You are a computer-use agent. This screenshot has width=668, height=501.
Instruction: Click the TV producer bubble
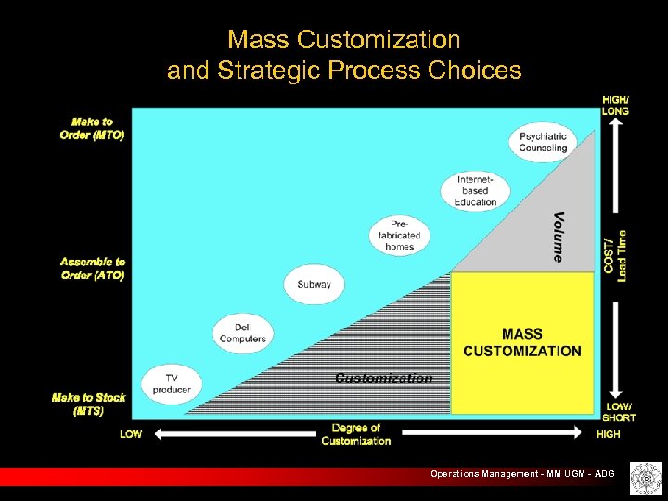pos(172,383)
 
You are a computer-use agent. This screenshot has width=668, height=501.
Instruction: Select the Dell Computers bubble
pos(242,333)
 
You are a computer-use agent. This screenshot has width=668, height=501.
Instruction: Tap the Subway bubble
pos(314,284)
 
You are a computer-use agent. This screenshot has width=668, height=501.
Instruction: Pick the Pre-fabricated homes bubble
pos(399,236)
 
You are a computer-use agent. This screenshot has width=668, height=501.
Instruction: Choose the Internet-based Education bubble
pos(475,190)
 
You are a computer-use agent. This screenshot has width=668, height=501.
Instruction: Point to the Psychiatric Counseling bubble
pos(543,142)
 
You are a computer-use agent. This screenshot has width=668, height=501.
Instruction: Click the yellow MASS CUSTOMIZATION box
pos(522,342)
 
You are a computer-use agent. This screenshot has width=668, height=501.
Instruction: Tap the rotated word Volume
pos(559,237)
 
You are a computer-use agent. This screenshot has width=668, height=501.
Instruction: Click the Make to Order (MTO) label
pos(92,128)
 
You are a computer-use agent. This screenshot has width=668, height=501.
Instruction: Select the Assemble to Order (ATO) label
pos(92,269)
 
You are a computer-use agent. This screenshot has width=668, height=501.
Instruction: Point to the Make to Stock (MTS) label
pos(89,404)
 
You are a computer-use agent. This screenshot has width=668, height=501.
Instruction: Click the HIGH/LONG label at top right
pos(616,105)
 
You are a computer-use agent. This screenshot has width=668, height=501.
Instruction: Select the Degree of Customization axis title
pos(356,434)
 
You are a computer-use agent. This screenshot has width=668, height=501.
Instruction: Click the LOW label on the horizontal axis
pos(131,434)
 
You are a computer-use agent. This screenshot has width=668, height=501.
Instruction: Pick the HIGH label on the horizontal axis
pos(609,434)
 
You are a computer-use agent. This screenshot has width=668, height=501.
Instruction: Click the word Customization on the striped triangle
pos(383,378)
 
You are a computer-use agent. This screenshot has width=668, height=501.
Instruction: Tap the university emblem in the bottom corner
pos(642,478)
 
